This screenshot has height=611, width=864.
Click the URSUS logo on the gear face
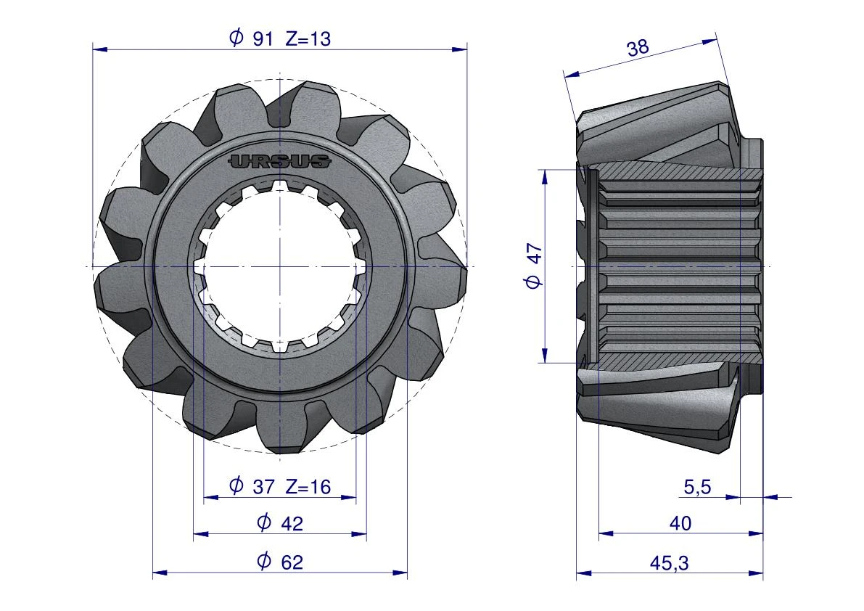pos(280,161)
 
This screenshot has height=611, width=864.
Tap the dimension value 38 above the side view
pos(638,47)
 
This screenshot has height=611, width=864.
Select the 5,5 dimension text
pos(697,487)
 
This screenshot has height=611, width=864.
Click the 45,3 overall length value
pos(669,563)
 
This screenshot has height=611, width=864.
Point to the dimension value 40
pos(680,523)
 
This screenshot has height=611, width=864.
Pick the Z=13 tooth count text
pos(308,38)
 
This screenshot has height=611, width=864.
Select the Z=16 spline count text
pos(308,486)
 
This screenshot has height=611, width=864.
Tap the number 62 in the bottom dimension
pos(292,562)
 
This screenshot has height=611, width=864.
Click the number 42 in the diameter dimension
pos(292,523)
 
